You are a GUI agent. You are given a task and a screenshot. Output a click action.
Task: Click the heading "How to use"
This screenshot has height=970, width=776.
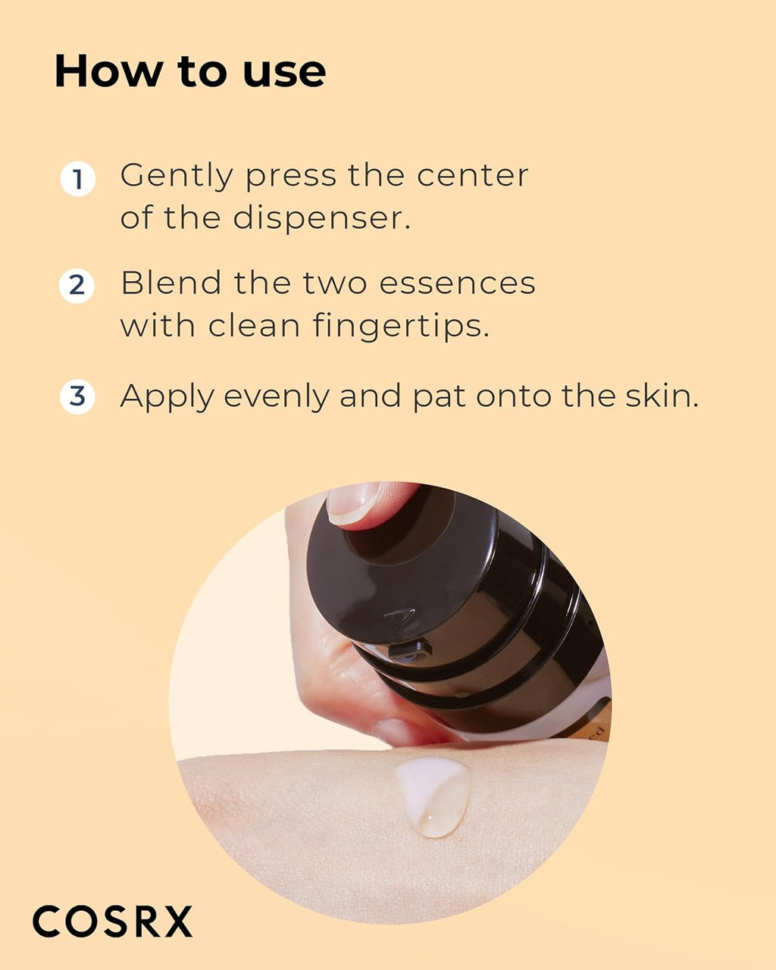[190, 72]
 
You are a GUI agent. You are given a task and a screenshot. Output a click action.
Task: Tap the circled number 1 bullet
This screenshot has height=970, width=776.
[77, 180]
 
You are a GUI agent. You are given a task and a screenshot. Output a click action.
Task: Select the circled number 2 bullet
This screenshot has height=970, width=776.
[77, 286]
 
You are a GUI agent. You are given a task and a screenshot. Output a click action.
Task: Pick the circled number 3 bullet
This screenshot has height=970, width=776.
[77, 397]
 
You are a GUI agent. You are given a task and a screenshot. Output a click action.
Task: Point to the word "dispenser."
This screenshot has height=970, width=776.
[321, 218]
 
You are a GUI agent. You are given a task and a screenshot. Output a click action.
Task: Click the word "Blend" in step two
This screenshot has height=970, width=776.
[171, 283]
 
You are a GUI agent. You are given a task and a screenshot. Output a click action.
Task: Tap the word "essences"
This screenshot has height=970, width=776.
[457, 283]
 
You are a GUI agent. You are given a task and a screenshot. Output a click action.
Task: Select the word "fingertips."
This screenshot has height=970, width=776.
[401, 326]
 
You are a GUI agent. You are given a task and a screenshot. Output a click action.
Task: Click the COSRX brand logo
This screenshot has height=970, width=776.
[112, 921]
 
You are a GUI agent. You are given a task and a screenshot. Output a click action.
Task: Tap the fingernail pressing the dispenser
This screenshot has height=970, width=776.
[354, 503]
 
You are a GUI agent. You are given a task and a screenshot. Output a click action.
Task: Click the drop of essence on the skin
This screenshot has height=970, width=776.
[433, 796]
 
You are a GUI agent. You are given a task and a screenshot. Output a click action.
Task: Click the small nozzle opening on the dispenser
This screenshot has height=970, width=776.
[410, 649]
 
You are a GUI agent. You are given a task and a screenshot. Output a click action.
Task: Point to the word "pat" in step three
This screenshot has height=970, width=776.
[439, 397]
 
